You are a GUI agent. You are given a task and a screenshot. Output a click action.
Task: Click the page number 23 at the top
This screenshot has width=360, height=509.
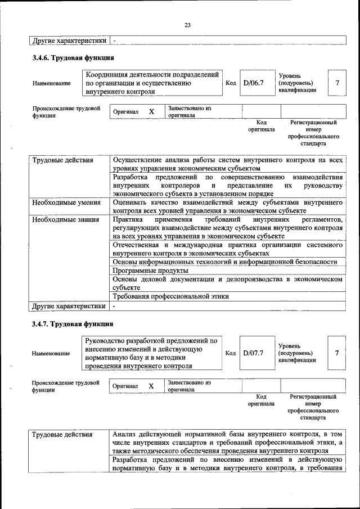pyautogui.click(x=187, y=24)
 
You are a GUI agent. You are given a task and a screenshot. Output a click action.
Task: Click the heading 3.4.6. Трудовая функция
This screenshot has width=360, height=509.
pyautogui.click(x=73, y=58)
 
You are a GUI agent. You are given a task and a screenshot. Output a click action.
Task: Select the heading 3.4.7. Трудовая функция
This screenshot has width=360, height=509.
pyautogui.click(x=73, y=325)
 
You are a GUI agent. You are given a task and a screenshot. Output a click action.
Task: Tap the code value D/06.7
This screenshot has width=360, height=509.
pyautogui.click(x=253, y=83)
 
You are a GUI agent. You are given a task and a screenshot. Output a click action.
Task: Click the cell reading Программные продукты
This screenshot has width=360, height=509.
pyautogui.click(x=141, y=271)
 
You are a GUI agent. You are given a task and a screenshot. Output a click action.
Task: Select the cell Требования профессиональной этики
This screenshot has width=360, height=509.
pyautogui.click(x=170, y=296)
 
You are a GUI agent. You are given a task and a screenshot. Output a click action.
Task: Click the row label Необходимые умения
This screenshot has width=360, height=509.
pyautogui.click(x=66, y=202)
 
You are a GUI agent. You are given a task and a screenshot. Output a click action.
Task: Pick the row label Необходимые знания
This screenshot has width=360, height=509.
pyautogui.click(x=66, y=219)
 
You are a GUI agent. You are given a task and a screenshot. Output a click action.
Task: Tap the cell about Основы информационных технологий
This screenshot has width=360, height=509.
pyautogui.click(x=225, y=262)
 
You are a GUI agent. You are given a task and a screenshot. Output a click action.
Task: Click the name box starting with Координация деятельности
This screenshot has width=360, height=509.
pyautogui.click(x=152, y=83)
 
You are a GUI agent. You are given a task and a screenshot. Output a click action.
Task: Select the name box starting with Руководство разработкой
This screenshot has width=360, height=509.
pyautogui.click(x=152, y=353)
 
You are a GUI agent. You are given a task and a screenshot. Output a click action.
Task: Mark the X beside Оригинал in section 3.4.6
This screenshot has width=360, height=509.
pyautogui.click(x=151, y=112)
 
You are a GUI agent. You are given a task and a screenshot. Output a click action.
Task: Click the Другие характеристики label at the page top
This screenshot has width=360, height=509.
pyautogui.click(x=69, y=40)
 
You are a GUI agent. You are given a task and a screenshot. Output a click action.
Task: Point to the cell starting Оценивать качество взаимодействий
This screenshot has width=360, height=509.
pyautogui.click(x=227, y=206)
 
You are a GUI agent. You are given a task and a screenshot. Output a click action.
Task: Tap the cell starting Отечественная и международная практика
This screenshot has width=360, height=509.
pyautogui.click(x=227, y=249)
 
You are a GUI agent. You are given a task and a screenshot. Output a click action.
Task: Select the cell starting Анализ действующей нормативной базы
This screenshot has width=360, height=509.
pyautogui.click(x=227, y=443)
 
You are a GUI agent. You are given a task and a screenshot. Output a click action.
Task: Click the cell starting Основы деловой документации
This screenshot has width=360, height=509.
pyautogui.click(x=227, y=283)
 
